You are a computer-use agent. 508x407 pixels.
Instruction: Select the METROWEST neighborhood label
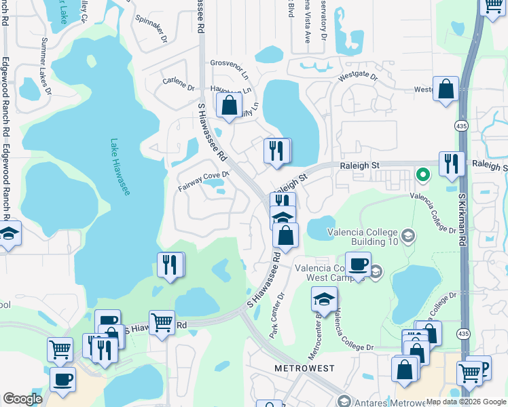(x=304, y=368)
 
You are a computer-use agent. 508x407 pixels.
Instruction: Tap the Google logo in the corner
(x=22, y=399)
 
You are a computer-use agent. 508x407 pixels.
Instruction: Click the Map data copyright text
(x=466, y=402)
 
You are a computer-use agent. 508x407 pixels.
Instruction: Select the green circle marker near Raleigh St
(x=422, y=175)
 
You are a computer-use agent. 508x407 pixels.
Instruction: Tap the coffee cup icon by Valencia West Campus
(x=358, y=264)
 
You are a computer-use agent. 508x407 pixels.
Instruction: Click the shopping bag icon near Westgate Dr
(x=446, y=90)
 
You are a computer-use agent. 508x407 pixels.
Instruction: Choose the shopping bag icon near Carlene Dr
(x=230, y=105)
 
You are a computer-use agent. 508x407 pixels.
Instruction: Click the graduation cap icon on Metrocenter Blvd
(x=325, y=298)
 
